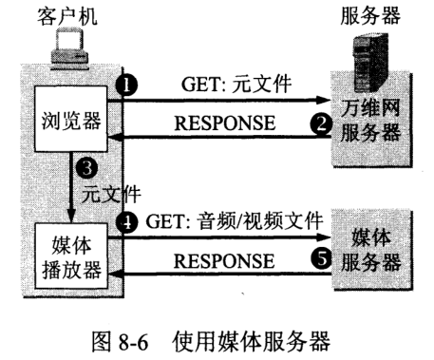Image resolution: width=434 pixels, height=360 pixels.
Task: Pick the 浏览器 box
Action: (x=69, y=120)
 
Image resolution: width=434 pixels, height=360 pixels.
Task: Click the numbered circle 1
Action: (x=124, y=85)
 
